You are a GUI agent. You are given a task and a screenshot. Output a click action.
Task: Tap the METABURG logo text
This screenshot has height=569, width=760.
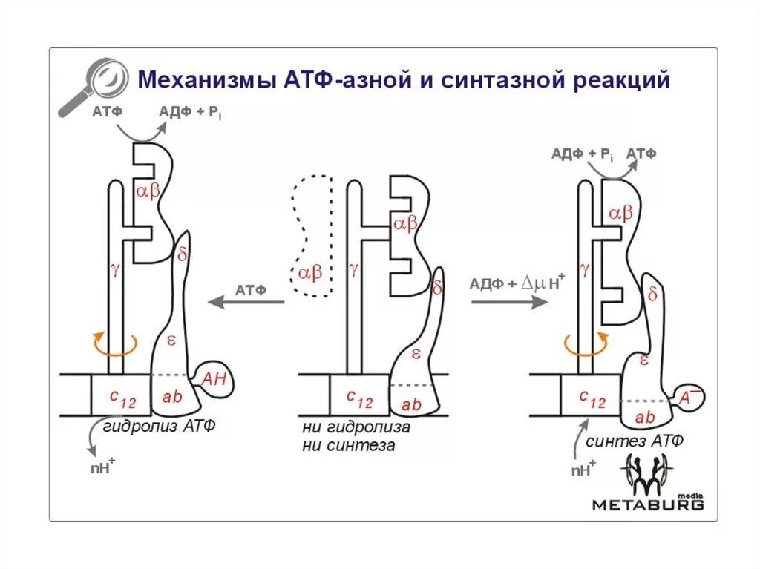coord(647,504)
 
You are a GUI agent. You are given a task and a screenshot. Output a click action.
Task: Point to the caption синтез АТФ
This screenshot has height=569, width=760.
coord(635,441)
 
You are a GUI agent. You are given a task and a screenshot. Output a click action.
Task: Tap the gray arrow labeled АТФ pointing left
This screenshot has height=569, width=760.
coord(246,302)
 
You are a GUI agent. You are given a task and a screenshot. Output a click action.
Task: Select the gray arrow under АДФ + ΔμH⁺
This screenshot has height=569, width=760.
coord(507,301)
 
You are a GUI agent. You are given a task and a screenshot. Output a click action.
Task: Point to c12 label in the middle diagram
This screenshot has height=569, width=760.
coord(360,399)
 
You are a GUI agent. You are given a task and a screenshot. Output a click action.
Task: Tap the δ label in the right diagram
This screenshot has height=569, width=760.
coord(653,295)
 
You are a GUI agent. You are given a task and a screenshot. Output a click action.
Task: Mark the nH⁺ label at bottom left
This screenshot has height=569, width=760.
coord(101,467)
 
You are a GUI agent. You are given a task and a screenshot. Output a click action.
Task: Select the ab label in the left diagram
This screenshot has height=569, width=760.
coord(171,397)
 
